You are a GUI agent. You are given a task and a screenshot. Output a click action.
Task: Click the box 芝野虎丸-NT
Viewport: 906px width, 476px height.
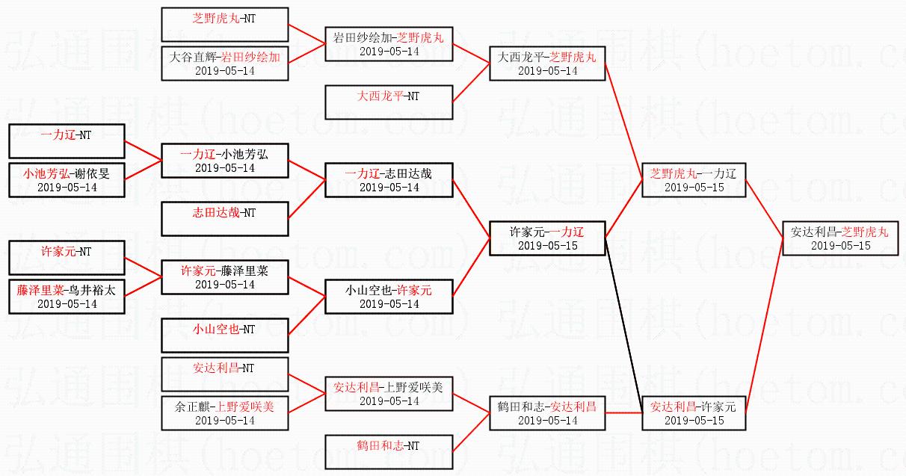[x=225, y=24]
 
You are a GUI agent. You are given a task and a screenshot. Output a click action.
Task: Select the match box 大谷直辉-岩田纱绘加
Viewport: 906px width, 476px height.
[x=225, y=64]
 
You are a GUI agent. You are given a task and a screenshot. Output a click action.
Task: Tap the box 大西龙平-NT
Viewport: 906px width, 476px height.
[x=389, y=102]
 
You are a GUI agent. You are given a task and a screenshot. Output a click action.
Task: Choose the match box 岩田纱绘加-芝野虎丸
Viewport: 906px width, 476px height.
[x=389, y=44]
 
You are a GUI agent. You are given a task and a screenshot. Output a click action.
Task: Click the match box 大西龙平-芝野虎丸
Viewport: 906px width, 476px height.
[x=547, y=64]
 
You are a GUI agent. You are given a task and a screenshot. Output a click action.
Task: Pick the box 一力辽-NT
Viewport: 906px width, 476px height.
[x=66, y=141]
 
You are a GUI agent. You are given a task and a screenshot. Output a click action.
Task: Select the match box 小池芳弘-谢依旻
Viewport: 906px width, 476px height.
[x=66, y=180]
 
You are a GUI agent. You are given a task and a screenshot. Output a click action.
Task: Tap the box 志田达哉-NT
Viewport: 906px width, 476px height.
[x=225, y=219]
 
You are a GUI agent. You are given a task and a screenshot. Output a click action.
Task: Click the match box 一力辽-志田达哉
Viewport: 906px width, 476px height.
[x=389, y=180]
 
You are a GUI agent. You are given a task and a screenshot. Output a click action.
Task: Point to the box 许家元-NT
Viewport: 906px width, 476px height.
[x=66, y=258]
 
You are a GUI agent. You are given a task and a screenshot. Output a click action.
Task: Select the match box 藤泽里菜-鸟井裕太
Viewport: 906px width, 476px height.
[x=66, y=297]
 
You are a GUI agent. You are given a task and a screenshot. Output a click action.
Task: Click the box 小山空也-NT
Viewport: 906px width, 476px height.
[x=225, y=336]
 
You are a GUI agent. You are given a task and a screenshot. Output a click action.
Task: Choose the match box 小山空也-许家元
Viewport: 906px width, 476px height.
[x=389, y=297]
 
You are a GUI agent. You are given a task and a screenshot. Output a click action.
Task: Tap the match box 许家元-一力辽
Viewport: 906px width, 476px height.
[x=547, y=238]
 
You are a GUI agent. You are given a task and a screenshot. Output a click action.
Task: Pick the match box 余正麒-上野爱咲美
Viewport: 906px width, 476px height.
[x=225, y=413]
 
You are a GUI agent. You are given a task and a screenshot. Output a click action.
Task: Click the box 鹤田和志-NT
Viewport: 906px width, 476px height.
[x=389, y=452]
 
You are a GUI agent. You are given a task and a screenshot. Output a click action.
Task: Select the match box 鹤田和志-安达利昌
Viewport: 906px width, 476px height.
[x=547, y=413]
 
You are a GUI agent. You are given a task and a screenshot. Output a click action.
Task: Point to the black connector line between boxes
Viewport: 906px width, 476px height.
[x=623, y=321]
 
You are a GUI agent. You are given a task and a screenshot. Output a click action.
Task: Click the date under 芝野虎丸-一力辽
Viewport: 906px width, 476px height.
[x=694, y=188]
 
